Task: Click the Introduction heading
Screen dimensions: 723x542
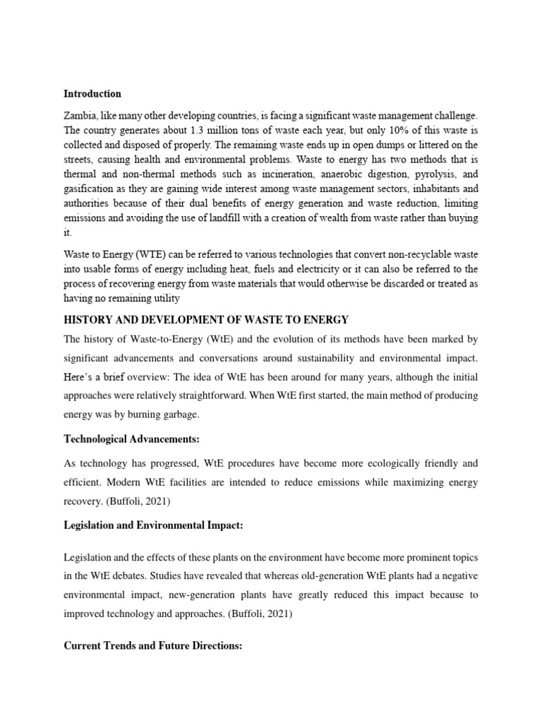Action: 92,93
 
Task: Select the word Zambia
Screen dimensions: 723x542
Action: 80,114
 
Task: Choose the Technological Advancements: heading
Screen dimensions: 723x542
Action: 132,439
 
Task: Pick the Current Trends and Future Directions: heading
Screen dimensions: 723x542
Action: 152,646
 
